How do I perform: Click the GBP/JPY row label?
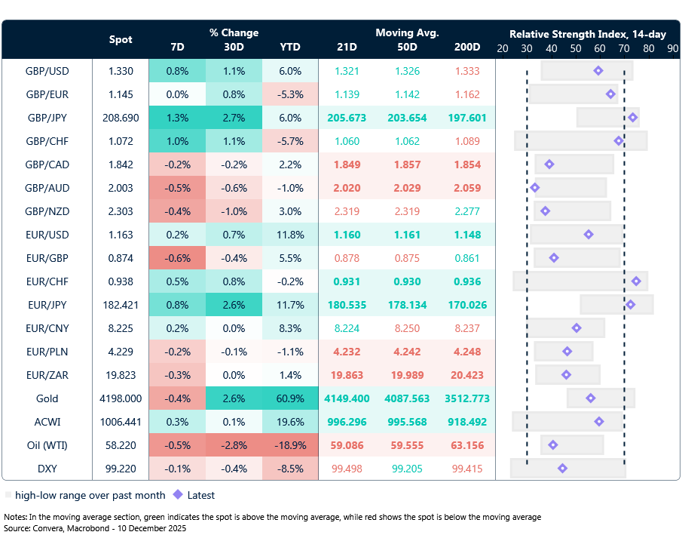click(x=47, y=118)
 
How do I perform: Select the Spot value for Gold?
click(x=121, y=398)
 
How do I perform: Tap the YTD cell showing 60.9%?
click(x=290, y=398)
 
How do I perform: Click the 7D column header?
click(x=177, y=47)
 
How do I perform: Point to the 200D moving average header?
click(x=467, y=47)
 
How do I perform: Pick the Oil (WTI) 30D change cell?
click(x=234, y=445)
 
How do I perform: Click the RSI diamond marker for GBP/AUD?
click(x=534, y=188)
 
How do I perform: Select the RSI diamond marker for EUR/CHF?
click(x=636, y=281)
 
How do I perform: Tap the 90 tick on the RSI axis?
click(x=672, y=48)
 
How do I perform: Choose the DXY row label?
click(x=47, y=469)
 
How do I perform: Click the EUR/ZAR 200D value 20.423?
click(x=467, y=375)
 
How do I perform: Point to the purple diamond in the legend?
click(x=178, y=496)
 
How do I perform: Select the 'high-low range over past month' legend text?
click(x=89, y=496)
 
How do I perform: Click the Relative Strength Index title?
click(x=588, y=34)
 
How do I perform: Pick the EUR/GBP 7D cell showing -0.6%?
click(x=177, y=258)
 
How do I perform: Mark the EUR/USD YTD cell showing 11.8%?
click(x=290, y=235)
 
